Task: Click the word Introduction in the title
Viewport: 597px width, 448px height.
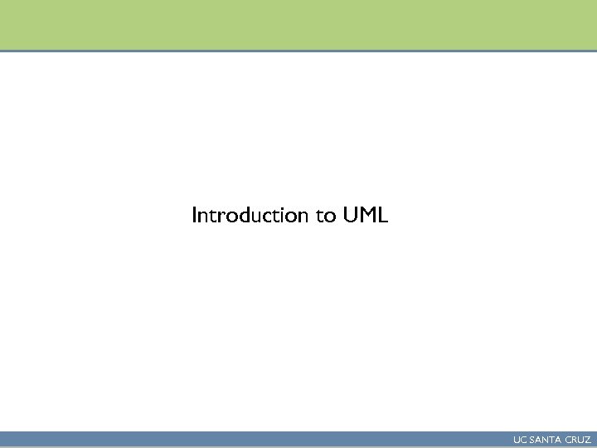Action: coord(250,216)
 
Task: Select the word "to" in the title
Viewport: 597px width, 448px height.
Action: coord(325,217)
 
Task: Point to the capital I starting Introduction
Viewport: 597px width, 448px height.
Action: coord(195,216)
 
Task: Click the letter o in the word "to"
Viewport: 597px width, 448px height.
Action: coord(329,217)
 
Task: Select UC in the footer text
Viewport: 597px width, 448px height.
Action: coord(519,440)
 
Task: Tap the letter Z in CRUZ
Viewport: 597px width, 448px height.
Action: coord(587,440)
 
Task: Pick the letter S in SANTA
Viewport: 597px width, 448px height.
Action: coord(531,440)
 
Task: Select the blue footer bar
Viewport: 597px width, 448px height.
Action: coord(249,440)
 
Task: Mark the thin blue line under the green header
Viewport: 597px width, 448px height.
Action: coord(298,51)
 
